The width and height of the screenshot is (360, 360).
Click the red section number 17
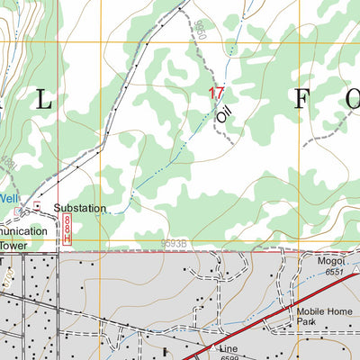pyautogui.click(x=216, y=93)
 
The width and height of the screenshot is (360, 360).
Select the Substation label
pyautogui.click(x=79, y=208)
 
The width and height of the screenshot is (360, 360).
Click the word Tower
pyautogui.click(x=14, y=245)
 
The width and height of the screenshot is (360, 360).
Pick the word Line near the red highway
pyautogui.click(x=229, y=347)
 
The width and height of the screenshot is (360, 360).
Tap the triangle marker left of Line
pyautogui.click(x=210, y=347)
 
